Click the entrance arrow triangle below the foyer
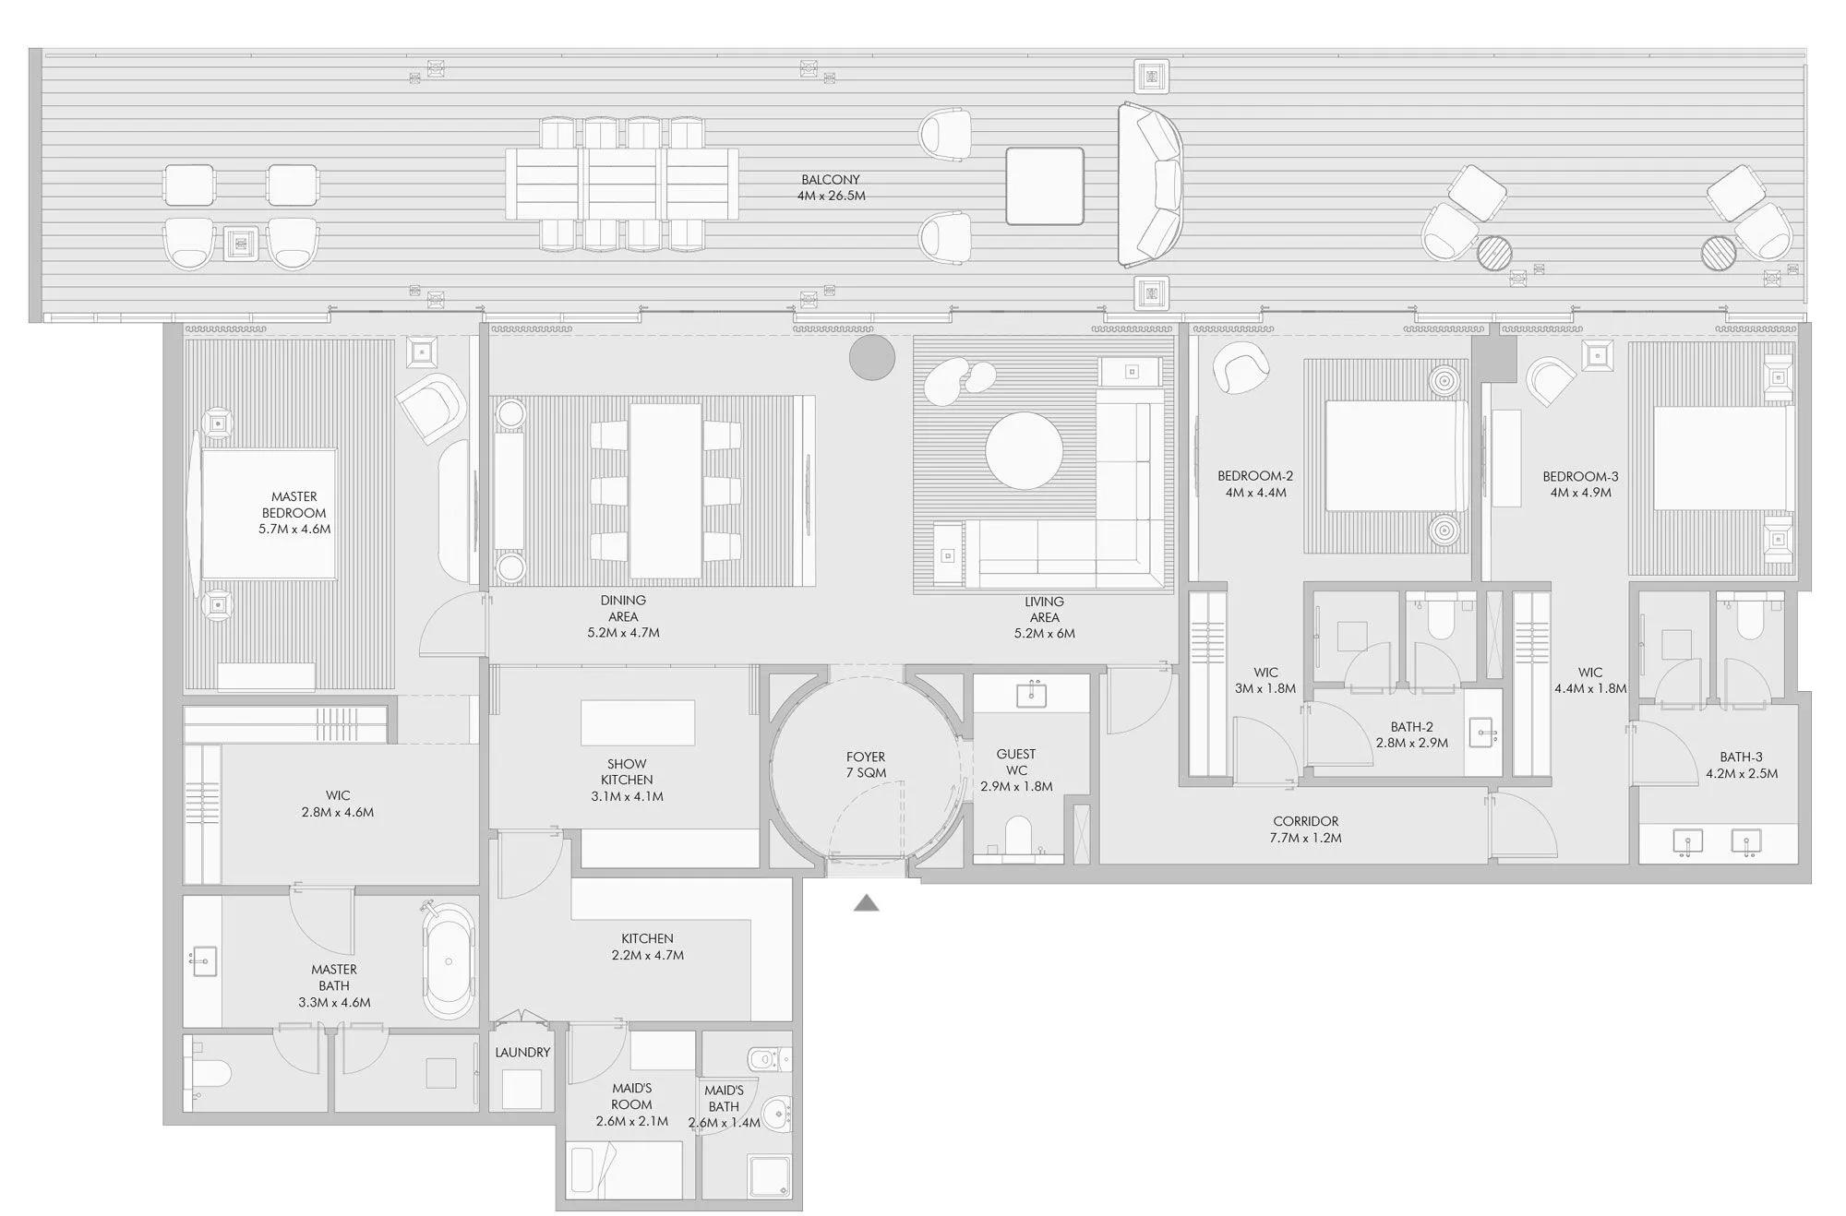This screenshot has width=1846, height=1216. [x=866, y=903]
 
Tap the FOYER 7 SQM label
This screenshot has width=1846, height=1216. [x=866, y=765]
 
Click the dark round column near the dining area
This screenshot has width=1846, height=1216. [x=872, y=357]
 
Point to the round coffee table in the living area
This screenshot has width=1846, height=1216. [x=1024, y=450]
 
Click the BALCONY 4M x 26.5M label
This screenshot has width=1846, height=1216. [x=831, y=187]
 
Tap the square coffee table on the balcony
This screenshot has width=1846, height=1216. [x=1045, y=185]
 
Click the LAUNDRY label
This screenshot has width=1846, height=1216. [x=522, y=1052]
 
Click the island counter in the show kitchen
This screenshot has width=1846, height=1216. [x=638, y=722]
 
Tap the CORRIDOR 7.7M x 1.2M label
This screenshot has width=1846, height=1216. [x=1305, y=829]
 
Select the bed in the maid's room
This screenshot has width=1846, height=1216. [x=626, y=1170]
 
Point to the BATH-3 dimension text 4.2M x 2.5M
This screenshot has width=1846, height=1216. [x=1741, y=773]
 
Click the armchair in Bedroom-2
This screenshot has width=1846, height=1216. [x=1241, y=367]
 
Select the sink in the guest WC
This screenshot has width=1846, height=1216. [x=1031, y=693]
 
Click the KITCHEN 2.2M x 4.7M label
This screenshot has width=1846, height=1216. [x=647, y=947]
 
